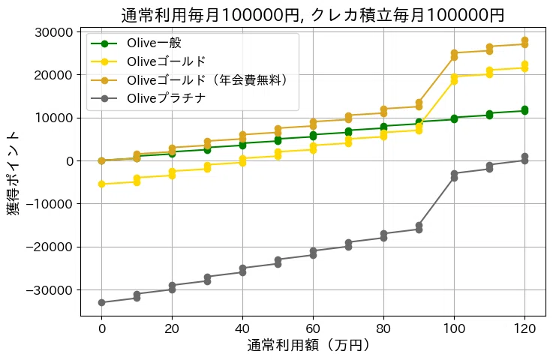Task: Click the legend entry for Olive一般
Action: click(x=154, y=43)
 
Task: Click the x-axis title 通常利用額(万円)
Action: click(x=308, y=346)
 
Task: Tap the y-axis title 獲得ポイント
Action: click(x=15, y=172)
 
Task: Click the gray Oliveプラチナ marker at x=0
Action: click(x=101, y=302)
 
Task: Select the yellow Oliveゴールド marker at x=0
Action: click(x=101, y=184)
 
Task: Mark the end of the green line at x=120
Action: click(x=524, y=110)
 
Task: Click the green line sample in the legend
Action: click(x=107, y=43)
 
